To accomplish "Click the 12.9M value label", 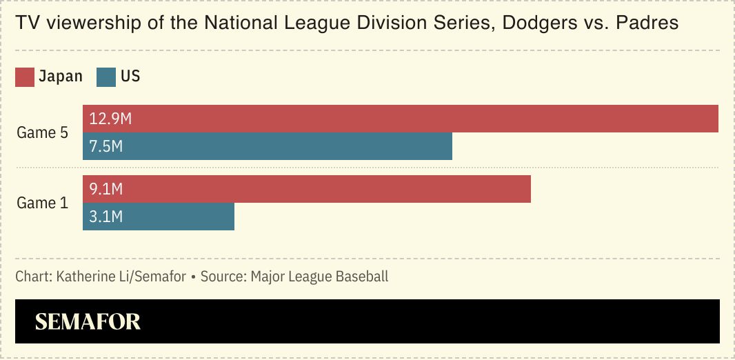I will coord(110,119).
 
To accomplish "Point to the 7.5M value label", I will coord(106,146).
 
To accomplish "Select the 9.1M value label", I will coord(106,189).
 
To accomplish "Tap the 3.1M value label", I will coord(106,217).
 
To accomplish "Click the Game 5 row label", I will coord(43,133).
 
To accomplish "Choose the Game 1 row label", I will coord(43,203).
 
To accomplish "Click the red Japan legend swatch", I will coord(25,77).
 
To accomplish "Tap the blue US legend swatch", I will coord(106,77).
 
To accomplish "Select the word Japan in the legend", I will coord(61,77).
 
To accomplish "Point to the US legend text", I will coord(130,77).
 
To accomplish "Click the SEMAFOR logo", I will coord(88,321).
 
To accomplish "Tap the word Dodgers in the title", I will coord(535,23).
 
